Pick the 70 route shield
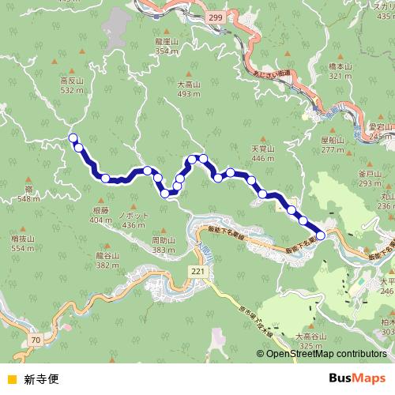click(x=36, y=340)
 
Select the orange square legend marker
click(x=11, y=378)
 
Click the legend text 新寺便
click(x=41, y=378)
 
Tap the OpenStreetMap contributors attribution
click(x=326, y=354)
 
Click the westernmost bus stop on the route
click(x=73, y=138)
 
